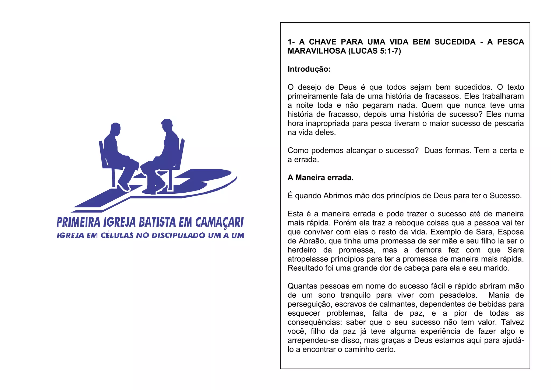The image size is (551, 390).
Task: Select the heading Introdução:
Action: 309,69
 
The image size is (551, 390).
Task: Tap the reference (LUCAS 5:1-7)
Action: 375,51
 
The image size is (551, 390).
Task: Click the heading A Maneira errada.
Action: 320,178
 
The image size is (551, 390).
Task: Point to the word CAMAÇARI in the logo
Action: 219,222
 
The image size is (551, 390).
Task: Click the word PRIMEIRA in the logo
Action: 79,222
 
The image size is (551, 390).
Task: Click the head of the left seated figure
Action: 115,129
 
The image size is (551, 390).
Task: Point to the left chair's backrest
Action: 102,154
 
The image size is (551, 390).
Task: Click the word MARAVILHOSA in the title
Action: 317,51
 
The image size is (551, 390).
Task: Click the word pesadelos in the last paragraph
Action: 458,295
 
